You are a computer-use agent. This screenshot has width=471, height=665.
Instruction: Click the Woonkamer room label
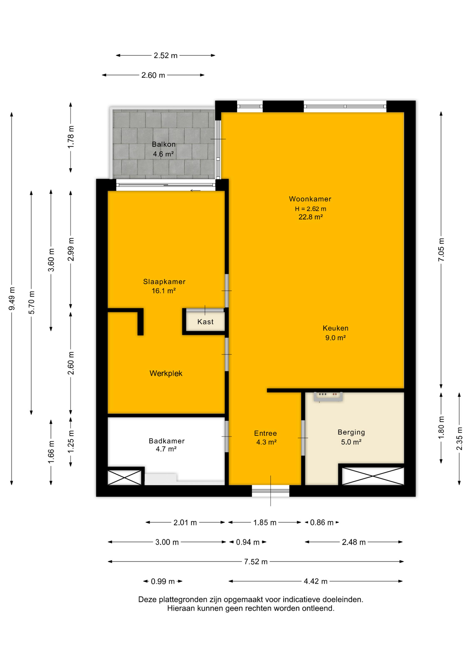click(310, 199)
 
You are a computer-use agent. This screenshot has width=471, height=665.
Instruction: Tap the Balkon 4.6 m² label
click(164, 149)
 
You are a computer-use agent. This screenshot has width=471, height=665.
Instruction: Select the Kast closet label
click(205, 322)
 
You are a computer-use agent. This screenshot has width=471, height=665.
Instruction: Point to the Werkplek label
click(166, 373)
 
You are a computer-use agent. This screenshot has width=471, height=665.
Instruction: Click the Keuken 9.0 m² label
click(335, 333)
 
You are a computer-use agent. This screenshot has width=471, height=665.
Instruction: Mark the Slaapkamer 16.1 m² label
click(164, 286)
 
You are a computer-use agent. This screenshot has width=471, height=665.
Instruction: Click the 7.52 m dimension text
click(256, 562)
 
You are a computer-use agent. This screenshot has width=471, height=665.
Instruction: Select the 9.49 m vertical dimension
click(12, 299)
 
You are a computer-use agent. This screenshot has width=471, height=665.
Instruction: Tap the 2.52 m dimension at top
click(165, 55)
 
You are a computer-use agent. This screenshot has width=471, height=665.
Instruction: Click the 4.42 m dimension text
click(316, 581)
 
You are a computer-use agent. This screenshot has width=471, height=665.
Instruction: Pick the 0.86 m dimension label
click(322, 523)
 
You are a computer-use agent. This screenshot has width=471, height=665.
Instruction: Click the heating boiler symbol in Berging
click(328, 397)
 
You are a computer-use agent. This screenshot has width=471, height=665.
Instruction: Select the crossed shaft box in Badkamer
click(125, 478)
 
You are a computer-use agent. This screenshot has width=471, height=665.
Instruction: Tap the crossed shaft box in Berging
click(373, 476)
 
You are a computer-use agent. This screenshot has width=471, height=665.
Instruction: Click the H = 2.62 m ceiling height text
click(310, 209)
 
